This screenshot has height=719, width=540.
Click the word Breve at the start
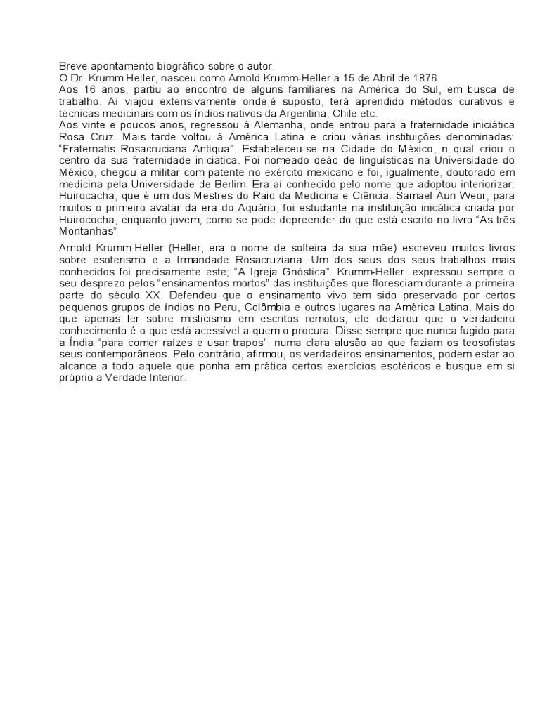[x=71, y=65]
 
